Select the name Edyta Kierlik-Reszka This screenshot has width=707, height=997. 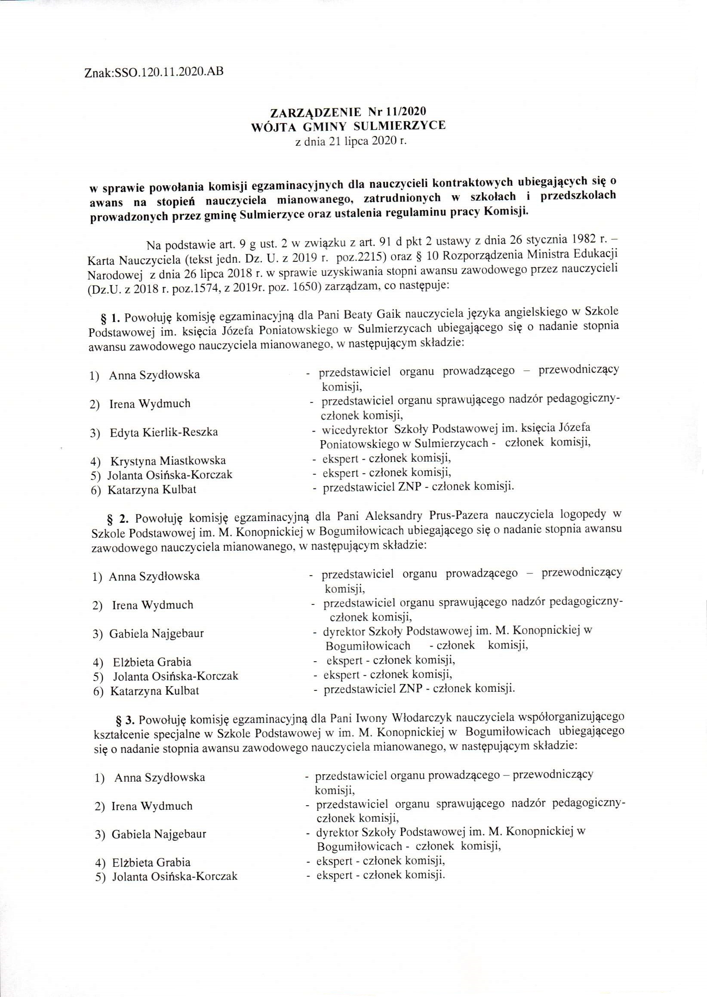(164, 433)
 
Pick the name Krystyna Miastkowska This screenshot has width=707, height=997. (168, 461)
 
